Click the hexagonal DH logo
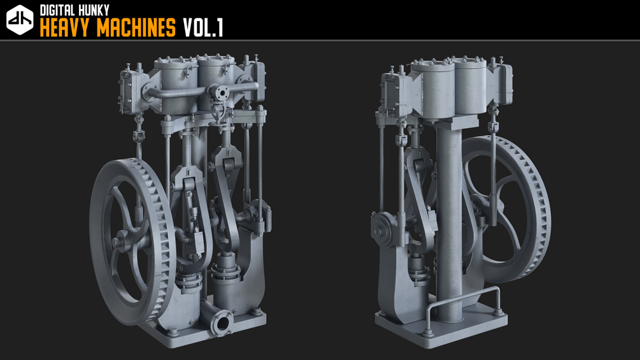20,20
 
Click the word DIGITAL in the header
56,10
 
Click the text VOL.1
203,28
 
